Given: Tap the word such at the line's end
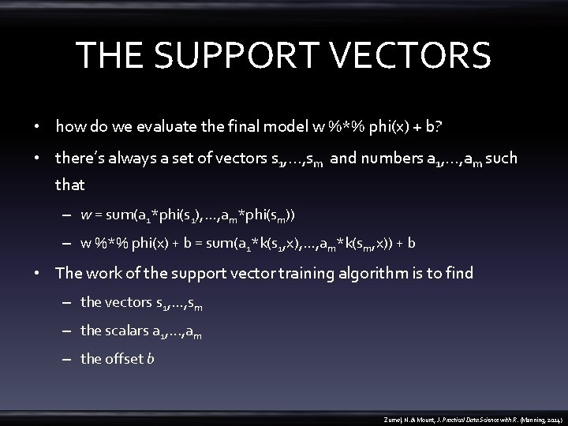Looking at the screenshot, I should [x=502, y=159].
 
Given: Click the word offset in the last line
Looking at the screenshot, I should [x=125, y=359].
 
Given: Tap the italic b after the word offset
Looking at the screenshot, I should [x=151, y=359].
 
